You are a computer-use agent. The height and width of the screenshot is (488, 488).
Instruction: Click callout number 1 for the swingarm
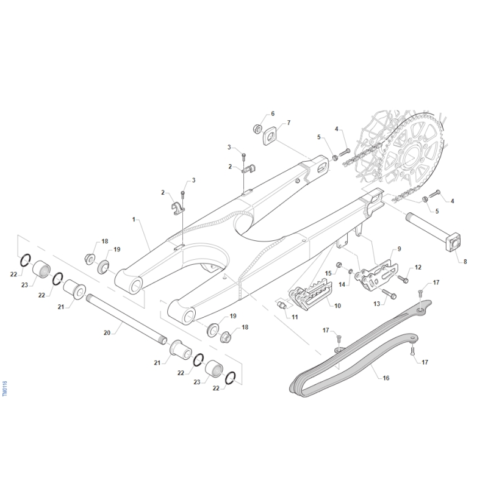pyautogui.click(x=134, y=220)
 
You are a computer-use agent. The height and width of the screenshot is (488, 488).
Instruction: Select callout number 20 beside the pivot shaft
pyautogui.click(x=107, y=332)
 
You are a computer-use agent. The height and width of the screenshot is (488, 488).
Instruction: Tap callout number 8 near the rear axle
pyautogui.click(x=465, y=262)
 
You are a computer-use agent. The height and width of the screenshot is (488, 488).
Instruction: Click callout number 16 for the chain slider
pyautogui.click(x=386, y=378)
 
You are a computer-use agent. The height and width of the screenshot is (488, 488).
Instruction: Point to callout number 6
pyautogui.click(x=273, y=113)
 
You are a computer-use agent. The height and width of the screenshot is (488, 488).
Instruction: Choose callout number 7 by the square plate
pyautogui.click(x=289, y=123)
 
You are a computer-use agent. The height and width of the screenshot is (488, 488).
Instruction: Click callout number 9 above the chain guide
pyautogui.click(x=399, y=249)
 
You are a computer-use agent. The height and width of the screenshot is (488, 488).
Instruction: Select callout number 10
pyautogui.click(x=338, y=306)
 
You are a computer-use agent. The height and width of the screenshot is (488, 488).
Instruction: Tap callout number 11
pyautogui.click(x=295, y=317)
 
